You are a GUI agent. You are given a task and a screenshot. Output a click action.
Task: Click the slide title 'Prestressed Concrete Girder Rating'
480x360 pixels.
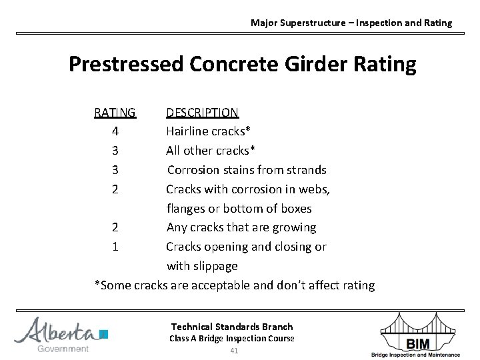pos(242,65)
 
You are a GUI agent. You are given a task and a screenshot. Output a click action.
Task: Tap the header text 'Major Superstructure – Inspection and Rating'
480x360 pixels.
pos(351,23)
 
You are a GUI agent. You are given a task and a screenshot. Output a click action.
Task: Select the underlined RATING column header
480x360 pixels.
pos(115,112)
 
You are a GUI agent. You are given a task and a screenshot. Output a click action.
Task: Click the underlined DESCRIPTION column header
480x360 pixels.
pos(202,112)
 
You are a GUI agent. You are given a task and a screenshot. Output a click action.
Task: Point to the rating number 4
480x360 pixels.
pos(115,131)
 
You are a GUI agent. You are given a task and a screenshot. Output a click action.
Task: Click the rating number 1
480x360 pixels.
pos(115,247)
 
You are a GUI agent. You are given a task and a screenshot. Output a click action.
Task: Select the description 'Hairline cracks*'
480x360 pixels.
pos(208,131)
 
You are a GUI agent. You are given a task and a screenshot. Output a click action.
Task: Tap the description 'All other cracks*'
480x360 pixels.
pos(211,151)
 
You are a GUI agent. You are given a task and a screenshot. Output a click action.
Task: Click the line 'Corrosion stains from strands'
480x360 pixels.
pos(247,170)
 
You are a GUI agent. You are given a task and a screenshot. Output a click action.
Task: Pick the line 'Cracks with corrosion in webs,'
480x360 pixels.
pos(248,189)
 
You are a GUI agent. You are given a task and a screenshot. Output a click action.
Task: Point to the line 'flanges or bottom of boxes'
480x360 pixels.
pos(239,209)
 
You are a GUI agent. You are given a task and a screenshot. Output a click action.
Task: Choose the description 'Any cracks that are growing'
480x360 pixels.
pos(241,227)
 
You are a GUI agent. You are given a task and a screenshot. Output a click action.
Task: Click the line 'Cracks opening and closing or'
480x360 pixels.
pos(246,247)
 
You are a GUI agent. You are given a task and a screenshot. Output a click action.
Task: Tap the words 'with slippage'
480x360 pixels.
pos(202,266)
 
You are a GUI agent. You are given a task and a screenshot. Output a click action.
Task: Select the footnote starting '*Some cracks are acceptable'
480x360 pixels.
pos(235,285)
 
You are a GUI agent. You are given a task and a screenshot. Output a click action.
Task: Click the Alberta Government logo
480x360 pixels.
pos(61,334)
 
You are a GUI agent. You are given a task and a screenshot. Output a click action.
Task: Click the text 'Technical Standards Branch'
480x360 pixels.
pos(232,327)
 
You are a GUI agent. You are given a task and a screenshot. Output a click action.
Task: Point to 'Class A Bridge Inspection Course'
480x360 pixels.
pos(232,339)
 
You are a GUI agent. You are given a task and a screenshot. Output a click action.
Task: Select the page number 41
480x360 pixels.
pos(233,351)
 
